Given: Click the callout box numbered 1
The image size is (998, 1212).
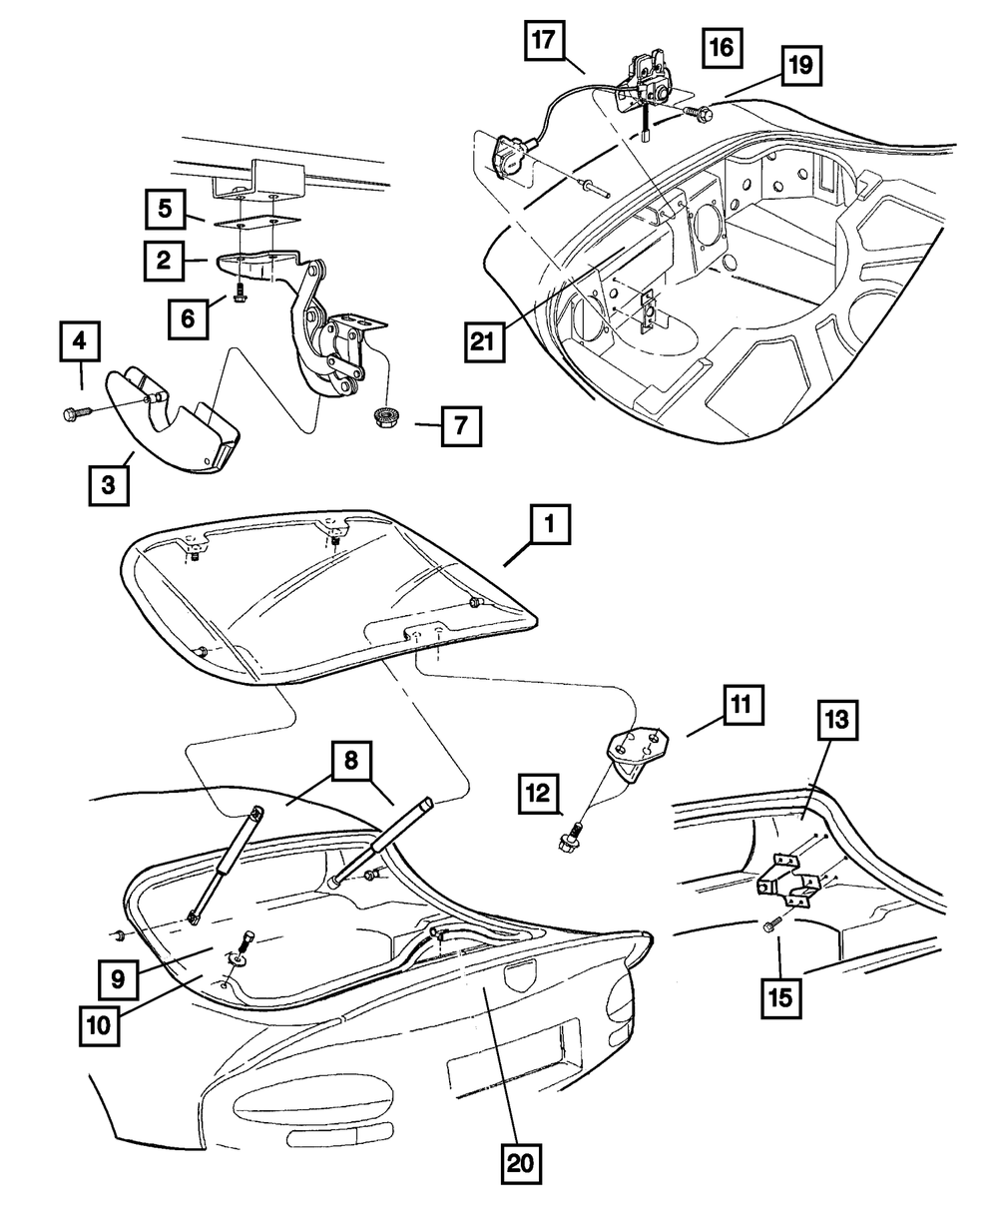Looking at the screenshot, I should click(x=550, y=523).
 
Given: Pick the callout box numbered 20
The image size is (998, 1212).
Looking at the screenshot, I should click(x=522, y=1161).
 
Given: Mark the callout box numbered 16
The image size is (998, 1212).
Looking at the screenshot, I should click(x=722, y=47).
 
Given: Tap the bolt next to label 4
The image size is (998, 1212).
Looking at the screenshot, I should click(x=77, y=411).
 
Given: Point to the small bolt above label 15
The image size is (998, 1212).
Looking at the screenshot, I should click(x=769, y=927).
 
